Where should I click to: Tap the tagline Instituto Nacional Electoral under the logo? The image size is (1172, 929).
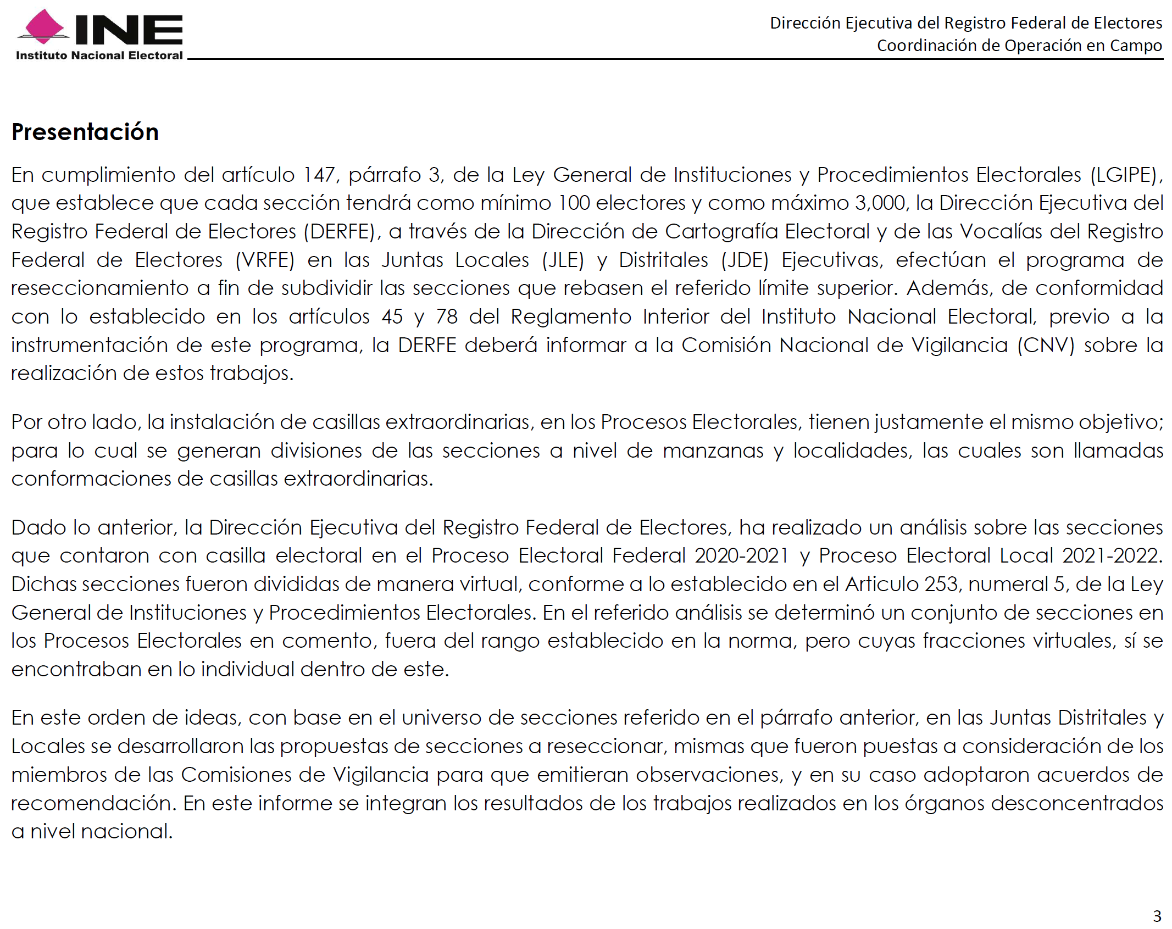(99, 55)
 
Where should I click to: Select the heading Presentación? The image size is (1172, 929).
(85, 132)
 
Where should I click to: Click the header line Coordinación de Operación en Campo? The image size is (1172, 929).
(1019, 46)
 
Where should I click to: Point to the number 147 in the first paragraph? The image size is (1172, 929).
(319, 175)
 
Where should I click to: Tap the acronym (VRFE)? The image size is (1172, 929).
(265, 260)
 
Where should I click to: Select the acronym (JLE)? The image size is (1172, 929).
(563, 260)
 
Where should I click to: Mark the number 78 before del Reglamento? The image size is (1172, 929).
(447, 317)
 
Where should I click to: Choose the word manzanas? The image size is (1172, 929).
(713, 451)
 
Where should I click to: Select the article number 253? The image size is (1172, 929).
(941, 585)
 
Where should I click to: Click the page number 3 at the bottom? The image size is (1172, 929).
(1157, 916)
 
